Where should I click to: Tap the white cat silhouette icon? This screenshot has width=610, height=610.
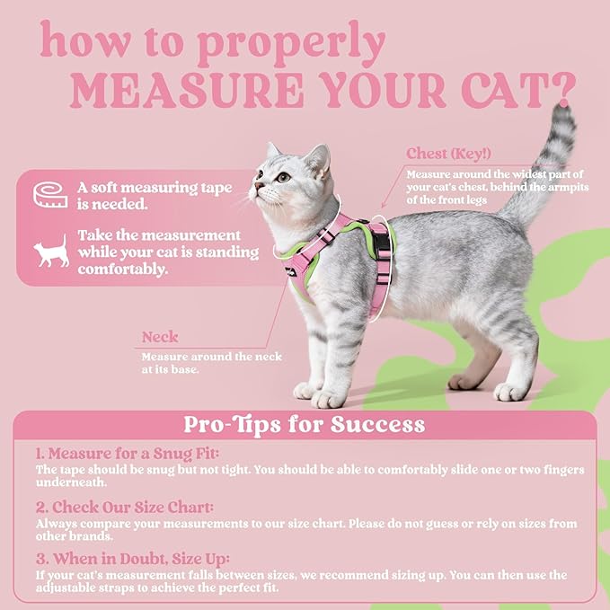point(51,250)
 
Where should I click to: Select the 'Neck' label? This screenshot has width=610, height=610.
point(160,338)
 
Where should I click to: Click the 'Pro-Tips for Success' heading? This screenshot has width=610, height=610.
point(304,423)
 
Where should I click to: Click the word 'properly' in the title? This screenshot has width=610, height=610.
point(302,43)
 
